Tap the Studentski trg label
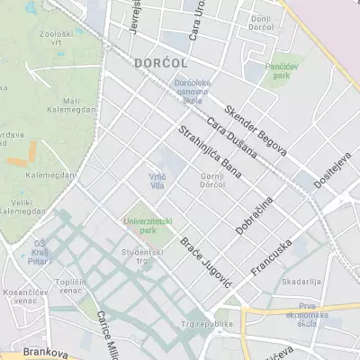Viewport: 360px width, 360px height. (x=138, y=258)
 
